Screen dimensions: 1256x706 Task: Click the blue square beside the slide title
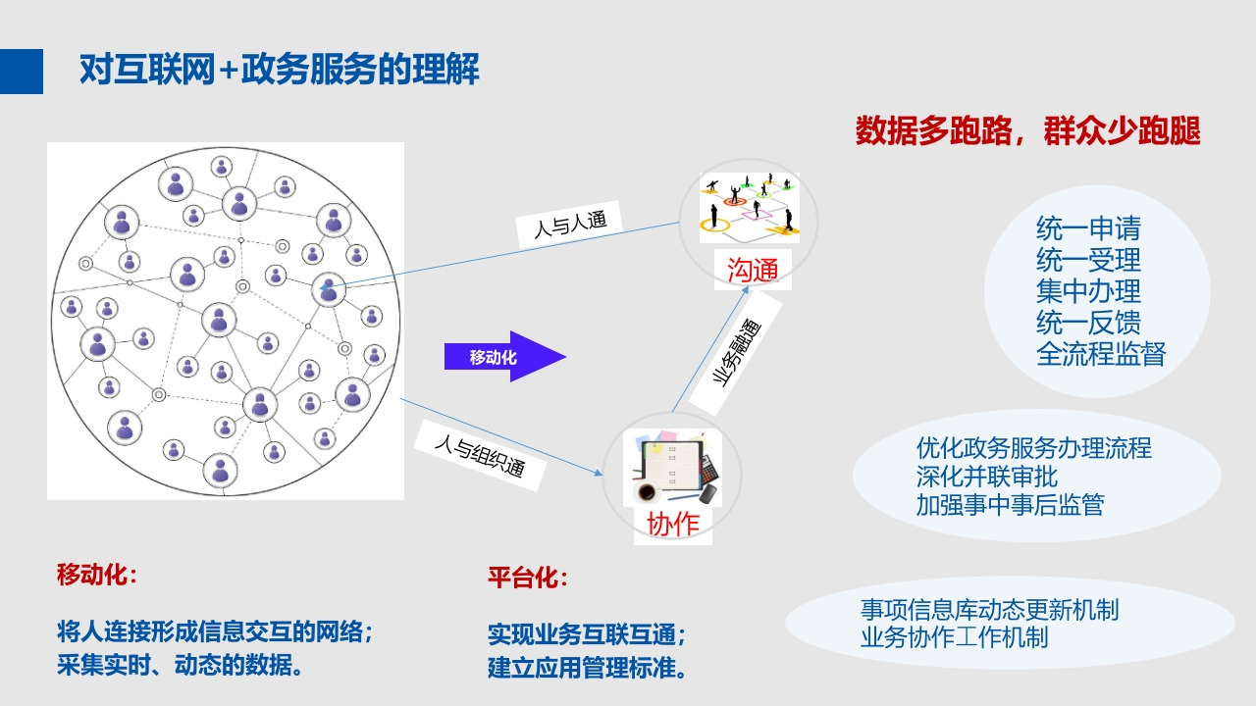[22, 72]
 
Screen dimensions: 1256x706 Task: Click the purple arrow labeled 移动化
[504, 356]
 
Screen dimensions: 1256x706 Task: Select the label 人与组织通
[480, 456]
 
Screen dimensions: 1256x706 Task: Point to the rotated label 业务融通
[736, 353]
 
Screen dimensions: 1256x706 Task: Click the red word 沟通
[753, 270]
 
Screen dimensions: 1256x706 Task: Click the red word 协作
[673, 525]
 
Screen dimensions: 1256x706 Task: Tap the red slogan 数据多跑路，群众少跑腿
[1027, 131]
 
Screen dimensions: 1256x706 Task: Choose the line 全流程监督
[1101, 354]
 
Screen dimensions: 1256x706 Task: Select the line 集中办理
[1088, 291]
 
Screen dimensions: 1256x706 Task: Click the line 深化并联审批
[987, 477]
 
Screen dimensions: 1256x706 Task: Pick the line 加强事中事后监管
[1011, 505]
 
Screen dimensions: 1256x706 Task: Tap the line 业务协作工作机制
[955, 637]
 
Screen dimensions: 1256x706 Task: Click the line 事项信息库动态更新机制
[990, 610]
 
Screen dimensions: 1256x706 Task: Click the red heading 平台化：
[528, 578]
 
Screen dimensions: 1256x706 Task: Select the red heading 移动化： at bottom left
[97, 575]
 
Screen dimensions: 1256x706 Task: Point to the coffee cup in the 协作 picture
[646, 492]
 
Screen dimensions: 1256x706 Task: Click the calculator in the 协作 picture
[708, 469]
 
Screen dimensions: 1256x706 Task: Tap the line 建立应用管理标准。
[587, 668]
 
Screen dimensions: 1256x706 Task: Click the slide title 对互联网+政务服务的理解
[280, 70]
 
